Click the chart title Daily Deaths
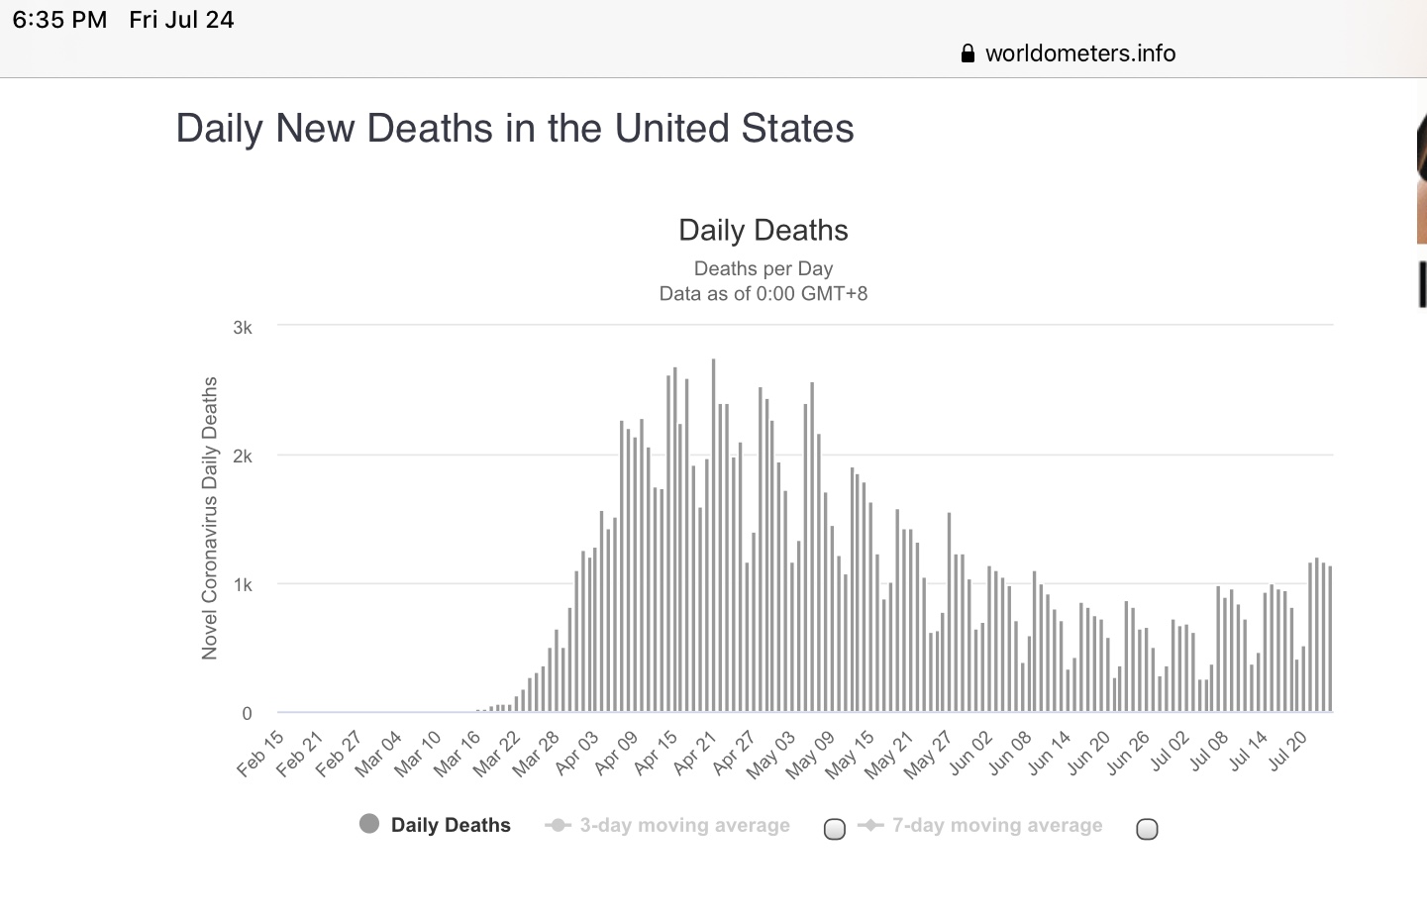pyautogui.click(x=763, y=231)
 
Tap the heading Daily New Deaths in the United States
pyautogui.click(x=514, y=129)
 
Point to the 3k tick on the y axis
pyautogui.click(x=243, y=328)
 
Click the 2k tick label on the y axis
pyautogui.click(x=243, y=457)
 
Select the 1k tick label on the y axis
pyautogui.click(x=243, y=585)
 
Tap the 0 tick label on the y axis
pyautogui.click(x=247, y=713)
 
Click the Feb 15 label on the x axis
pyautogui.click(x=261, y=754)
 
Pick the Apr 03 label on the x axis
pyautogui.click(x=577, y=754)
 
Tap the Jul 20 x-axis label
pyautogui.click(x=1287, y=754)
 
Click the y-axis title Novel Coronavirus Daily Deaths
pyautogui.click(x=210, y=518)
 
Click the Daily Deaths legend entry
pyautogui.click(x=450, y=825)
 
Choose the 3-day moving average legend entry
pyautogui.click(x=683, y=825)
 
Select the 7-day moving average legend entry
pyautogui.click(x=996, y=825)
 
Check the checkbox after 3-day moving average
pyautogui.click(x=835, y=829)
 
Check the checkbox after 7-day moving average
pyautogui.click(x=1147, y=829)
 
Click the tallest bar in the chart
pyautogui.click(x=713, y=535)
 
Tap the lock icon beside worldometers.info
pyautogui.click(x=968, y=53)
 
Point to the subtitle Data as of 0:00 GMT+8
pyautogui.click(x=763, y=294)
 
